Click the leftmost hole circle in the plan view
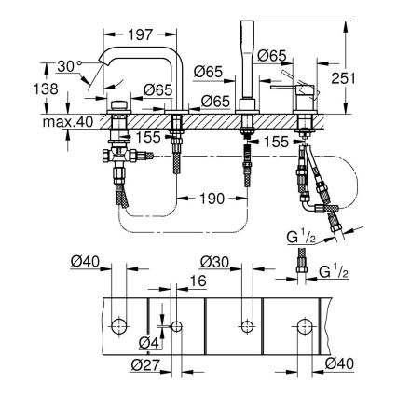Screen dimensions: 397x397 (119, 326)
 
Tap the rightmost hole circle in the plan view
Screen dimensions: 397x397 (305, 326)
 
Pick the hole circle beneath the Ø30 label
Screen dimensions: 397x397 (246, 326)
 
